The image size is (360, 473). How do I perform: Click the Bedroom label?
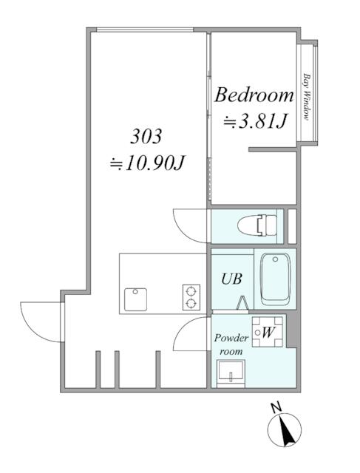pos(254,95)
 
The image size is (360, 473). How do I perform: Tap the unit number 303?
pos(146,136)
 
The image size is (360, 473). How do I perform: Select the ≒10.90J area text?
pos(147,163)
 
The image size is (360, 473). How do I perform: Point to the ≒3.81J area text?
pos(254,121)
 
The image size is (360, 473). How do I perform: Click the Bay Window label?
pos(307,97)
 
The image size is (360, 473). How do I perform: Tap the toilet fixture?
pos(257,225)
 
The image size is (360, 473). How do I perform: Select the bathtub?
pos(275,279)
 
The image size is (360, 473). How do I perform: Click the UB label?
pos(232,279)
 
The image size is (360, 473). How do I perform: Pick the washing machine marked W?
pos(268,332)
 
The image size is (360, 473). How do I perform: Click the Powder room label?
pos(231,344)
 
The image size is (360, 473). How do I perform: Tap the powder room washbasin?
pos(231,373)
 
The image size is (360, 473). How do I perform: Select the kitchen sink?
pos(135,299)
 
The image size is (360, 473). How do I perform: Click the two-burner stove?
pos(191,297)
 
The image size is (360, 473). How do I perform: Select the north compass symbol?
pos(285,429)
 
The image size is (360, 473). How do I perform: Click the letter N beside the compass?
pos(276,407)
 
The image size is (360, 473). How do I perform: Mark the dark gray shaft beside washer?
pos(291,330)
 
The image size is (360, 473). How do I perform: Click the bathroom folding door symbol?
pos(242,302)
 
